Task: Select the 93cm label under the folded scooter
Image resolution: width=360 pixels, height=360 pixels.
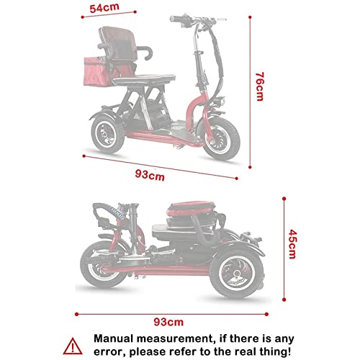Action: (x=168, y=321)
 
